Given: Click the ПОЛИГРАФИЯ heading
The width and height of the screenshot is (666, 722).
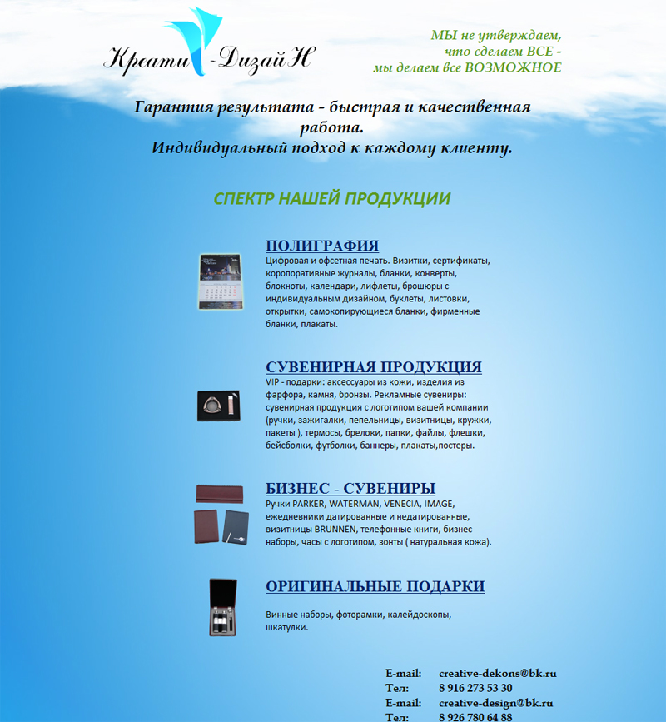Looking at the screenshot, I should click(x=322, y=246).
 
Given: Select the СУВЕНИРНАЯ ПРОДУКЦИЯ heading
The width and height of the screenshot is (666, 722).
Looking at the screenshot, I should click(x=374, y=367).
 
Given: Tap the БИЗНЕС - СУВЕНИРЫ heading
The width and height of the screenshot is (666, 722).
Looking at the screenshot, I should click(x=350, y=489).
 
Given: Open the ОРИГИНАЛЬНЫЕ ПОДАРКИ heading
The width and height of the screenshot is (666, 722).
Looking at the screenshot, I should click(x=375, y=587).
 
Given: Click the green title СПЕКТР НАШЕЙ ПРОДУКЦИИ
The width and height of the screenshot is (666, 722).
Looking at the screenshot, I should click(x=332, y=199).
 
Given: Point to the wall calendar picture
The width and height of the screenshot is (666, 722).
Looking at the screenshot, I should click(x=220, y=281).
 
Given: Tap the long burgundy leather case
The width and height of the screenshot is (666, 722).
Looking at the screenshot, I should click(x=219, y=495).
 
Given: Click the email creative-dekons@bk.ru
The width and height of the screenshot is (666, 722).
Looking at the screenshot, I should click(x=497, y=673).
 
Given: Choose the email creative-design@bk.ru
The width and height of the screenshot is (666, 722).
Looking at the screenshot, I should click(x=495, y=703).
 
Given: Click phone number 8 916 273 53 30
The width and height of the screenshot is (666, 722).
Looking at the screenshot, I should click(x=475, y=688).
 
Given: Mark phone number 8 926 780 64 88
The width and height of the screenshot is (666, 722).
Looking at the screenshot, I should click(x=475, y=717).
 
